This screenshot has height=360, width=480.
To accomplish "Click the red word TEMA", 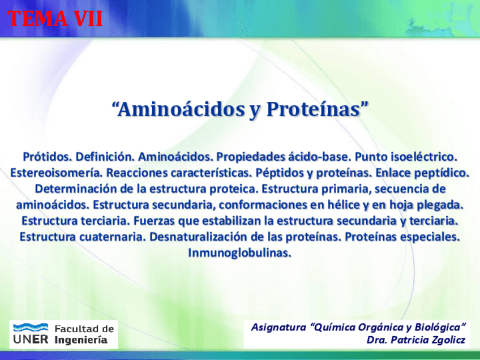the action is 38,18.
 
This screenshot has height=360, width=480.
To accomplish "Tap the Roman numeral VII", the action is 88,18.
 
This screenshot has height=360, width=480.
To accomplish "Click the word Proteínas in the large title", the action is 313,109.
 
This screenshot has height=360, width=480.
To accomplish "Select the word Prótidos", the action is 48,157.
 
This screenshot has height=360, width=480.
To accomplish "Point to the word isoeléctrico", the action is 423,157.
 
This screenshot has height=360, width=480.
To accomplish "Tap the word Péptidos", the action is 280,173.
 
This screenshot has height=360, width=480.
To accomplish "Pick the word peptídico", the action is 441,173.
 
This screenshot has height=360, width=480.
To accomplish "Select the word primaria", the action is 346,189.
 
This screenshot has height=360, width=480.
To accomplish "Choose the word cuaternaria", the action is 113,237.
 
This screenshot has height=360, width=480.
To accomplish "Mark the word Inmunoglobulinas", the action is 239,253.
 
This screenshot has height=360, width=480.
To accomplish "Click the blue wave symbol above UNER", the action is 31,327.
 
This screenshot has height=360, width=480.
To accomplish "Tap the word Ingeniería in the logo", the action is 81,340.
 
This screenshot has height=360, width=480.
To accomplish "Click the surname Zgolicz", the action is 448,340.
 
